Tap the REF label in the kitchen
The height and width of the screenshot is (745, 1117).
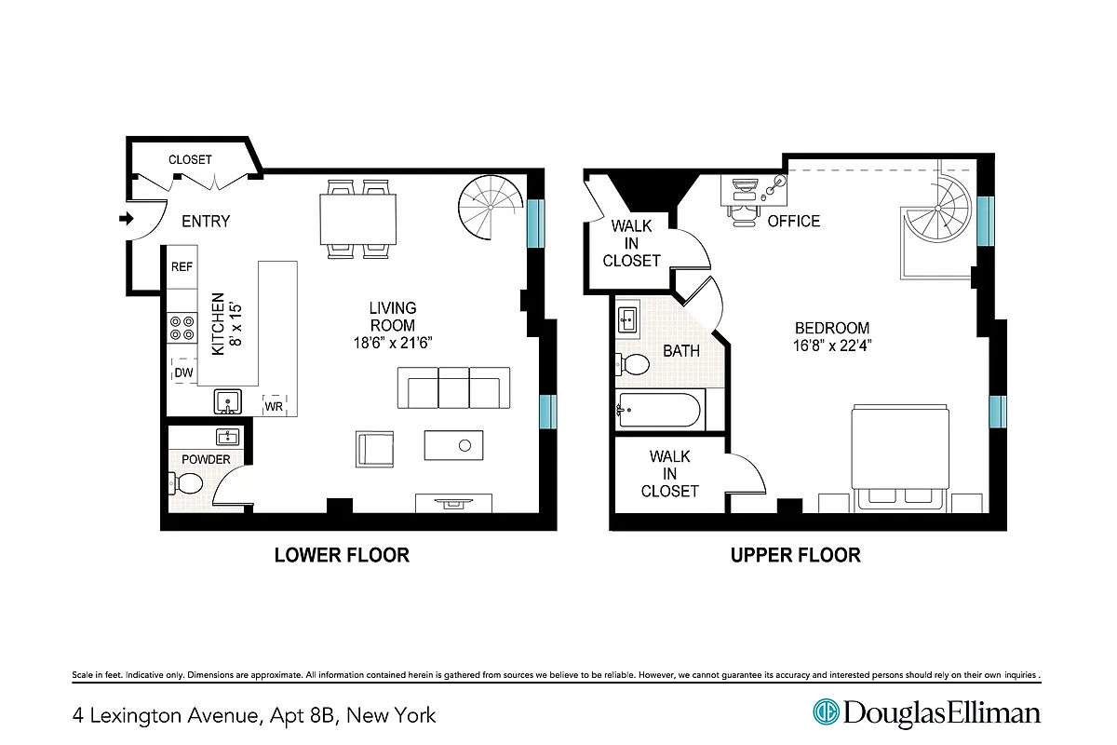pyautogui.click(x=182, y=267)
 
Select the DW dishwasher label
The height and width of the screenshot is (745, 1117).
pyautogui.click(x=182, y=373)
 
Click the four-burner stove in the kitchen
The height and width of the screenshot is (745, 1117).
pyautogui.click(x=182, y=327)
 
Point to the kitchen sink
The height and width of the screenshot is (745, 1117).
pyautogui.click(x=226, y=401)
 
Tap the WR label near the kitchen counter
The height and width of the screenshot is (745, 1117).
pyautogui.click(x=274, y=406)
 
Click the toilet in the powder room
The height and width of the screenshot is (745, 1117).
pyautogui.click(x=186, y=483)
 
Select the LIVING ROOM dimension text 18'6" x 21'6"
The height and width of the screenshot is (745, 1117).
pyautogui.click(x=392, y=342)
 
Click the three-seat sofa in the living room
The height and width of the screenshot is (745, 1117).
pyautogui.click(x=453, y=387)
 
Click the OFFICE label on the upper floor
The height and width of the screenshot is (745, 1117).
pyautogui.click(x=794, y=221)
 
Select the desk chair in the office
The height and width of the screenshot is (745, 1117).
pyautogui.click(x=743, y=213)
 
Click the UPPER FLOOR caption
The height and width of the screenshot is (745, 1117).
pyautogui.click(x=795, y=555)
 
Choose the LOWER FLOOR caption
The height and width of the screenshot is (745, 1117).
pyautogui.click(x=342, y=555)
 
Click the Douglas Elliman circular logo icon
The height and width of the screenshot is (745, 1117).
pyautogui.click(x=826, y=712)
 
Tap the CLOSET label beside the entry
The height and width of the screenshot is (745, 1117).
pyautogui.click(x=190, y=159)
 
